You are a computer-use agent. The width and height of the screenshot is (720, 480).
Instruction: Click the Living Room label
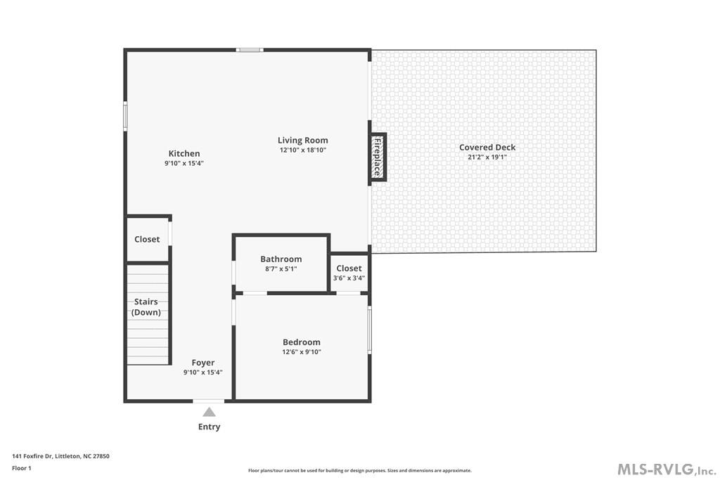[x=302, y=140]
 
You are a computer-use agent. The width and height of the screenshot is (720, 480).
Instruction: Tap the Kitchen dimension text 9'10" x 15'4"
[x=184, y=163]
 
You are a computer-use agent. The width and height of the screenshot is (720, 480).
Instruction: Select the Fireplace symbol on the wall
[x=378, y=157]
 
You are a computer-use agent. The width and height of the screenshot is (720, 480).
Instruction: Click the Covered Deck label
[x=487, y=147]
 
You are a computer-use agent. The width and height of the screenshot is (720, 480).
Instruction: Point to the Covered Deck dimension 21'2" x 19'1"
[x=487, y=157]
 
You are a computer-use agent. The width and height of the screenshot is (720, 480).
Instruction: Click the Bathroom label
[x=281, y=259]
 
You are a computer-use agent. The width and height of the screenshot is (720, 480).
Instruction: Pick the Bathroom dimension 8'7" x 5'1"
[x=281, y=268]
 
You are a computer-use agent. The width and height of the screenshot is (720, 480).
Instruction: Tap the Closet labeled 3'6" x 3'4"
[x=349, y=268]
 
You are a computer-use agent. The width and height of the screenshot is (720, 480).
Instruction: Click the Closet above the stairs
[x=147, y=239]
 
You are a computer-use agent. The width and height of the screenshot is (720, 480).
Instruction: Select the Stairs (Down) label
[x=146, y=306]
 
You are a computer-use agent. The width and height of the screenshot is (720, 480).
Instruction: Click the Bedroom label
[x=302, y=342]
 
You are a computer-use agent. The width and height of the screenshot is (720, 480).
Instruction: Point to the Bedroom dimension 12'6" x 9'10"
[x=302, y=352]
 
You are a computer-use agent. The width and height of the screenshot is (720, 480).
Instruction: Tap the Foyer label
[x=202, y=363]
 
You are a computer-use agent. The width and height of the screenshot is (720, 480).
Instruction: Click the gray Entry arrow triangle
[x=210, y=412]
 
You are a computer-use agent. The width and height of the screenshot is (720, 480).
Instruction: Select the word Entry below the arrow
[x=210, y=427]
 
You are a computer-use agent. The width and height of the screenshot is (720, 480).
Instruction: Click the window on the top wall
[x=249, y=50]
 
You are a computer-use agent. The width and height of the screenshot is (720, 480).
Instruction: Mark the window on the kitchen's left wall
[x=126, y=116]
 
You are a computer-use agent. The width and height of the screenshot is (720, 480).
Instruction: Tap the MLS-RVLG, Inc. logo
[x=666, y=469]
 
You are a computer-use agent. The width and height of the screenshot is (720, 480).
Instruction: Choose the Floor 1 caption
[x=22, y=468]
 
